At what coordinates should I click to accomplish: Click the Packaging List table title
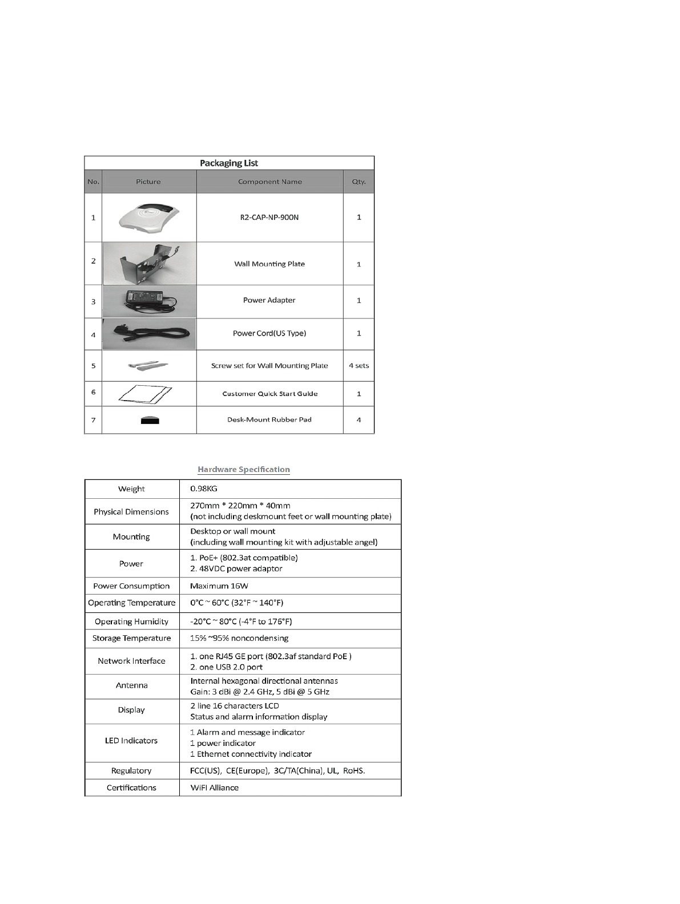click(x=229, y=163)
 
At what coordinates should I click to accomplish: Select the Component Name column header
click(x=269, y=181)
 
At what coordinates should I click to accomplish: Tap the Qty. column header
click(x=359, y=181)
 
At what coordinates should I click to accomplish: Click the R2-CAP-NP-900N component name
click(x=269, y=217)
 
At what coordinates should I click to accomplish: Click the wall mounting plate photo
click(x=149, y=263)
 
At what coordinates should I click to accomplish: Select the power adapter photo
click(x=149, y=301)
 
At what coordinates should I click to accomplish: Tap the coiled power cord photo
click(x=149, y=334)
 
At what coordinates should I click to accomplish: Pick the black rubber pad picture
click(x=150, y=421)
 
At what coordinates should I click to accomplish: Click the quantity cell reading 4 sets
click(x=359, y=366)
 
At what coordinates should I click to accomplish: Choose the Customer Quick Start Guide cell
click(x=269, y=394)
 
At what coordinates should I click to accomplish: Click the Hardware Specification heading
click(x=244, y=470)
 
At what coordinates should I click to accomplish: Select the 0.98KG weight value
click(x=204, y=489)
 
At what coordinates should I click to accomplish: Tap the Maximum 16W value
click(x=219, y=586)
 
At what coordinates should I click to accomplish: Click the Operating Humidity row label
click(x=131, y=621)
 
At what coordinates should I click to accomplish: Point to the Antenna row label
click(x=131, y=685)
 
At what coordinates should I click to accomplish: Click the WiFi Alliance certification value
click(x=215, y=788)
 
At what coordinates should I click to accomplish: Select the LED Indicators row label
click(x=131, y=741)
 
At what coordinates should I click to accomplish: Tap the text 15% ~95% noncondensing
click(x=239, y=638)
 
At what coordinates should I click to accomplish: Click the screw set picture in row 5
click(x=149, y=365)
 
